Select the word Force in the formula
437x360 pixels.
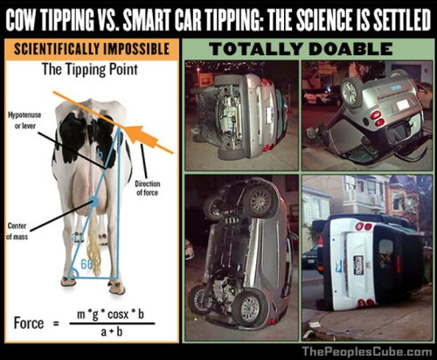coord(29,322)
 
